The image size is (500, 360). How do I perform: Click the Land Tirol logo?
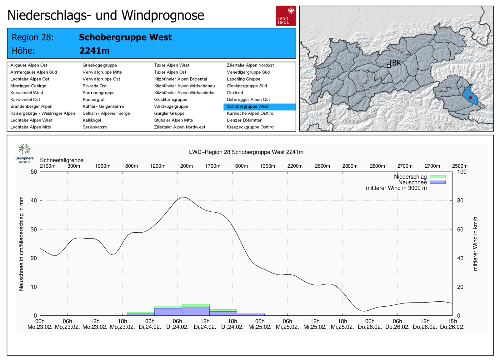coord(286,16)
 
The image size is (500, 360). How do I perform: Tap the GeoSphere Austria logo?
coord(24,153)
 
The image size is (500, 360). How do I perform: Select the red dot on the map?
coord(470,98)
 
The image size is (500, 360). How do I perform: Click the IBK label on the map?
coord(395,63)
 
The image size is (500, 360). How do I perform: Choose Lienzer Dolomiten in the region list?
coord(245,120)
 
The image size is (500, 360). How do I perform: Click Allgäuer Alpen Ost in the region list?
coord(29,65)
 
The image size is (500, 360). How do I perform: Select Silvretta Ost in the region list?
coord(94,86)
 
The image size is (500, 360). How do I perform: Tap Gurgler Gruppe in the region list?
coord(169,113)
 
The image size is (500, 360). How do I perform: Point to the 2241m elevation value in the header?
coord(94,51)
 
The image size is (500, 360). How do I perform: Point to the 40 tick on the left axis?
coord(33,200)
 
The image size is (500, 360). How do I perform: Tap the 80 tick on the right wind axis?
coord(460,200)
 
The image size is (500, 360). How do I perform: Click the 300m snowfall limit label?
coord(74,166)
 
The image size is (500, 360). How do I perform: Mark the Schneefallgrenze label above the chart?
coord(62,160)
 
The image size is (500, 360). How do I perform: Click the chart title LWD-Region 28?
coord(246,152)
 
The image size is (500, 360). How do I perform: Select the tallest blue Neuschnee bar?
coord(196,311)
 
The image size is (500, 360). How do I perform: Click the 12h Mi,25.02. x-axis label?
coord(315,324)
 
